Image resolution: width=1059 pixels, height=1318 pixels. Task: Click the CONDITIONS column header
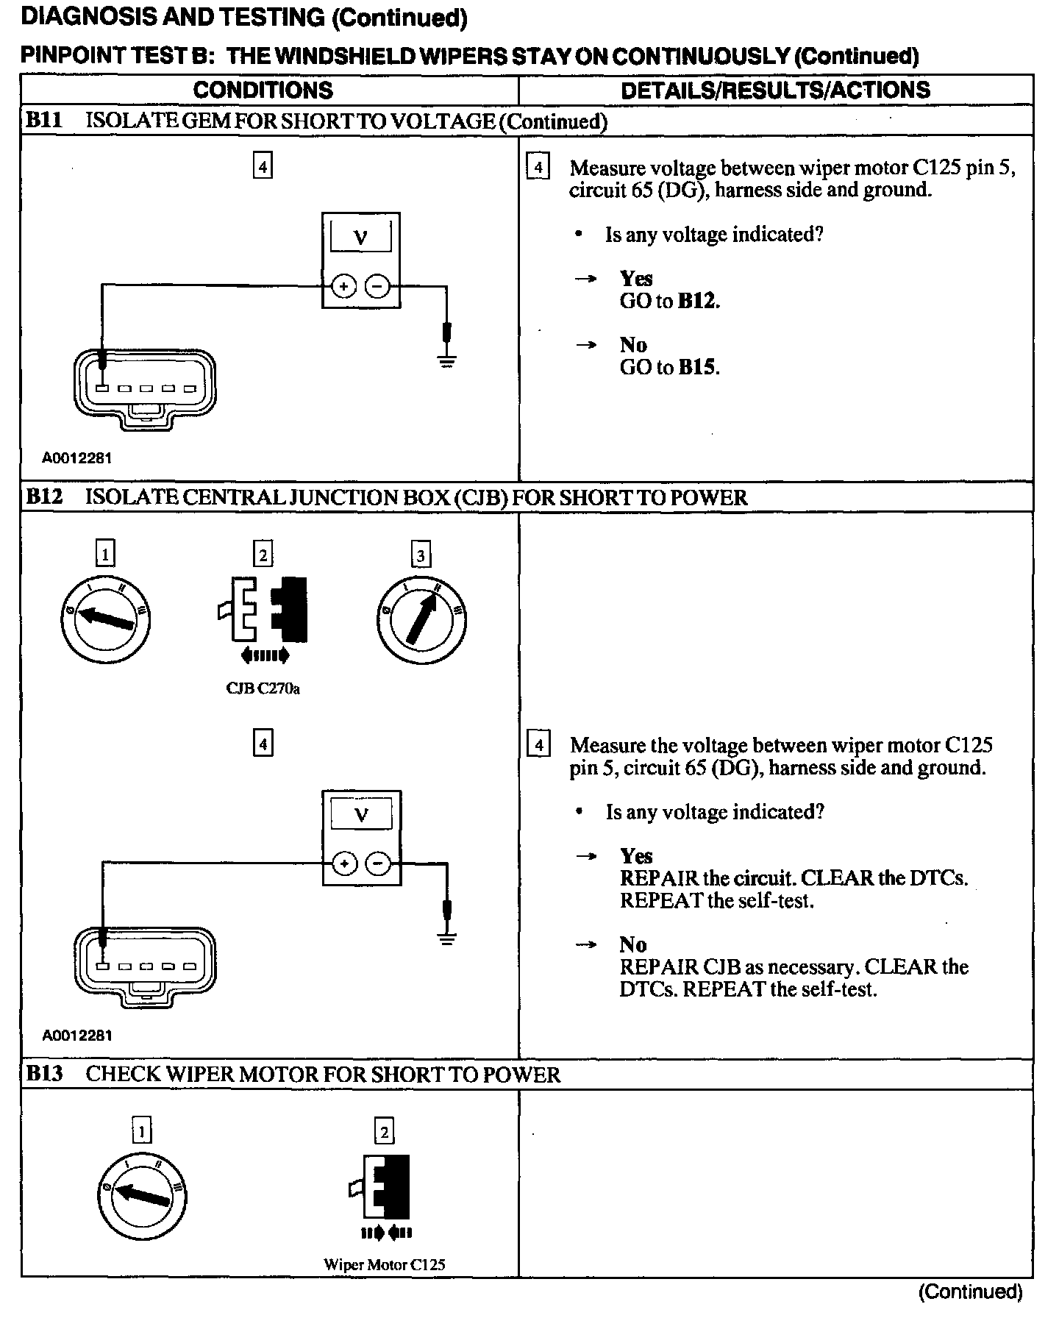(x=263, y=90)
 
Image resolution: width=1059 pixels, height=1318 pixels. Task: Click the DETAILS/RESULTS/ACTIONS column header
(x=775, y=90)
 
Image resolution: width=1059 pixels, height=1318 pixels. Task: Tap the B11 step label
(x=43, y=121)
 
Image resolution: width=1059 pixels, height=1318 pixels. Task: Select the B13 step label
(x=43, y=1074)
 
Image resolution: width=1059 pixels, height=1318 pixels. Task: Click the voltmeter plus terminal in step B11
(x=343, y=286)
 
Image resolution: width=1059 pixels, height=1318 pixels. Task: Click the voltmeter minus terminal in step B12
(x=378, y=863)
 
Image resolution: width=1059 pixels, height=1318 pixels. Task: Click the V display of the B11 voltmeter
(x=360, y=237)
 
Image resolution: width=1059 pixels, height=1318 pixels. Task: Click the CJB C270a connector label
(x=263, y=689)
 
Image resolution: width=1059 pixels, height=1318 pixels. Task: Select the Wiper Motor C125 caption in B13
(x=384, y=1265)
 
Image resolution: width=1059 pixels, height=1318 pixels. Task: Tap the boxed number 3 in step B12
(x=421, y=555)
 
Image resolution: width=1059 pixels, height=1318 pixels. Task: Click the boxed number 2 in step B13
(x=384, y=1131)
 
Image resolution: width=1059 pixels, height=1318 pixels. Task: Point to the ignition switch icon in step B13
(x=142, y=1197)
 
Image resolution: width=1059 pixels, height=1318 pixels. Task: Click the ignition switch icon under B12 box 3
(x=421, y=619)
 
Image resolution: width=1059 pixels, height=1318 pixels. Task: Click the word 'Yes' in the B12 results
(x=636, y=856)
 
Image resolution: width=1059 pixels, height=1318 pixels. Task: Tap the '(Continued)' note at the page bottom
(x=970, y=1292)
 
